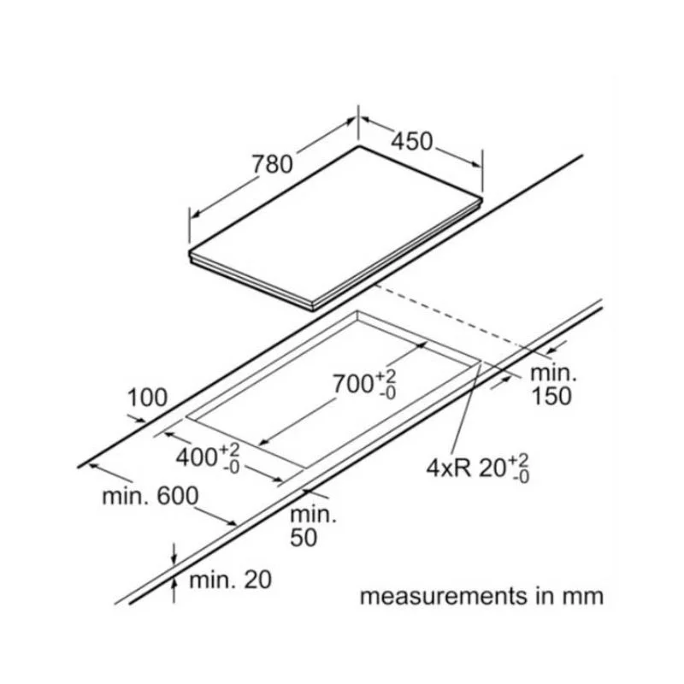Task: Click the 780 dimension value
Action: pos(273,165)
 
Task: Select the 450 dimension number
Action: pos(412,141)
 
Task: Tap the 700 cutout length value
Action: pos(352,384)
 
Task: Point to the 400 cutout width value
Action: pos(196,457)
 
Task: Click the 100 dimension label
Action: pos(147,398)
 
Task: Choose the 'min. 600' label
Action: pos(150,496)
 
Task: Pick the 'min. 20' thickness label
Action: pos(230,580)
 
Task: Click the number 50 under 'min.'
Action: pos(304,538)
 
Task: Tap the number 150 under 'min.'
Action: pos(551,396)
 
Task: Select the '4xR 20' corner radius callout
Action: pos(478,469)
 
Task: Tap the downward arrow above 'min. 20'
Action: pos(174,554)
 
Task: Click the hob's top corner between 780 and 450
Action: pos(359,145)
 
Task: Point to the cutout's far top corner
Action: pos(357,311)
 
